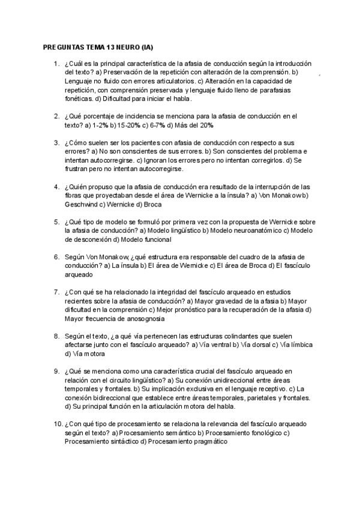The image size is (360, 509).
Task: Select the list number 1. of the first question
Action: pos(56,63)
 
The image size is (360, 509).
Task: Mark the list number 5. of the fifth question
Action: pos(56,221)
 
